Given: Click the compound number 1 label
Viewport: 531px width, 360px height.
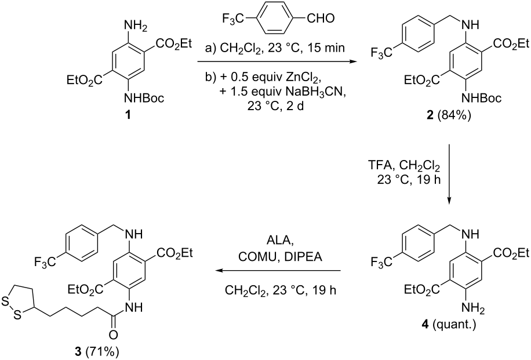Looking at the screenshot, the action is [128, 116].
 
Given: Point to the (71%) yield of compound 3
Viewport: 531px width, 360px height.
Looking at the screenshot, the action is [101, 352].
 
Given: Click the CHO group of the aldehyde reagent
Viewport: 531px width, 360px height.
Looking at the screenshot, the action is [321, 19].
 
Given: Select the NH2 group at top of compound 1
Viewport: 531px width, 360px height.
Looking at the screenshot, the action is [136, 26].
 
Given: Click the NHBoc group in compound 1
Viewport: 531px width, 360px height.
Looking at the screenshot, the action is [144, 99].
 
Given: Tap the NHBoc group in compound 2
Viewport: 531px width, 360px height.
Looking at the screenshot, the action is [481, 99].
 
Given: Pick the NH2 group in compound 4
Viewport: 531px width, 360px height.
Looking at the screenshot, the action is [474, 308].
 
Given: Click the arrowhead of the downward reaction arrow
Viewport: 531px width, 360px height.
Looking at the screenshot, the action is [449, 201].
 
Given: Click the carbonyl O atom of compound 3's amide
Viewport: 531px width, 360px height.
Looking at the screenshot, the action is [114, 335].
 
